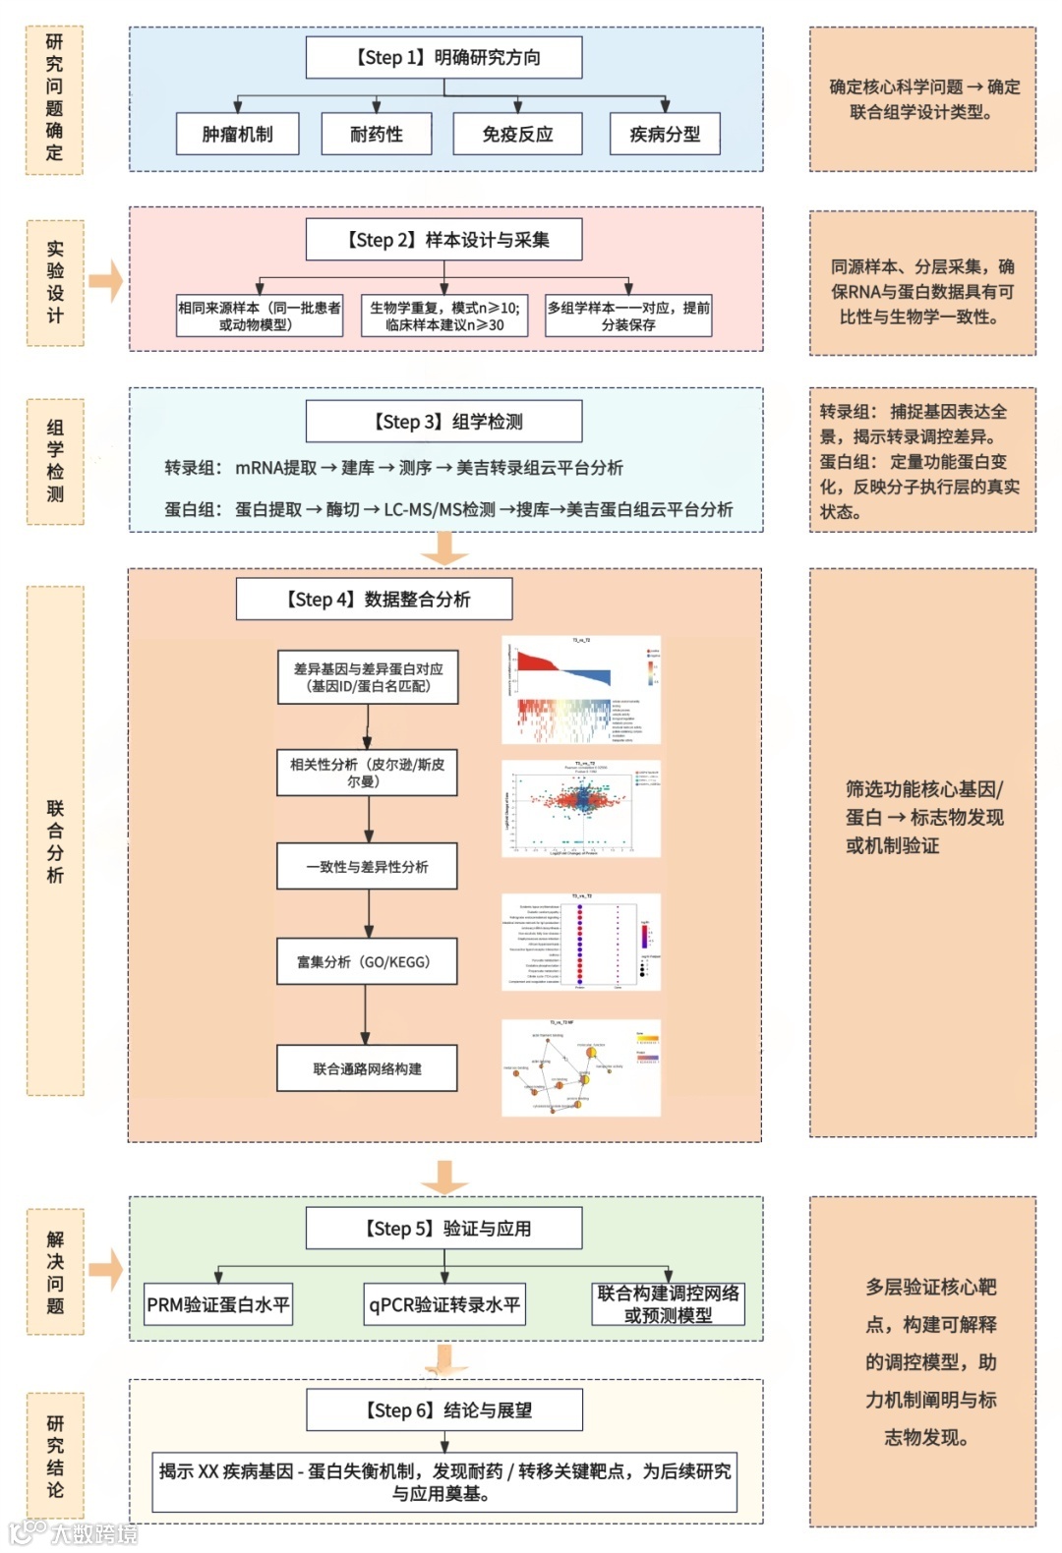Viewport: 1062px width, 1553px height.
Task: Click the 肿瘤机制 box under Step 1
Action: pos(237,134)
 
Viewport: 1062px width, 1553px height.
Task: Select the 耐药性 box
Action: pos(377,134)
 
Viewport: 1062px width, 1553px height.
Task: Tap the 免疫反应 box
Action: pos(517,134)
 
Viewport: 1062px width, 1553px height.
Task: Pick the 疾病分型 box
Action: pos(665,134)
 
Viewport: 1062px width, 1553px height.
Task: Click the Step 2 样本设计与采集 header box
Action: pos(444,240)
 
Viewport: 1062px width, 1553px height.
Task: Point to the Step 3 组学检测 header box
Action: pos(444,422)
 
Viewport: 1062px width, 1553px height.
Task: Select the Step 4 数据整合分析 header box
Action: pos(374,599)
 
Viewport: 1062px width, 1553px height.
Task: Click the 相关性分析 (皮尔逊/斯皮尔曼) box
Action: pos(367,772)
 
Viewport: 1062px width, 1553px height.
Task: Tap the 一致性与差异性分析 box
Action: pos(367,867)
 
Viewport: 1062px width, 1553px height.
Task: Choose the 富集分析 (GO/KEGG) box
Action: pos(367,962)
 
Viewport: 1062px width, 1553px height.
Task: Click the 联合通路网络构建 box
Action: pos(367,1068)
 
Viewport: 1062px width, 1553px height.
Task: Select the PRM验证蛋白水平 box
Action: pos(218,1304)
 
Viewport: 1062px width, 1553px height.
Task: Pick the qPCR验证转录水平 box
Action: pos(444,1304)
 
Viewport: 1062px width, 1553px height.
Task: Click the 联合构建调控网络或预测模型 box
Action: pos(668,1304)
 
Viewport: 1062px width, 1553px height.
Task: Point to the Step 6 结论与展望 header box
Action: pos(444,1409)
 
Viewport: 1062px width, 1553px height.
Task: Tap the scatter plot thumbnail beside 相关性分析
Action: pos(581,808)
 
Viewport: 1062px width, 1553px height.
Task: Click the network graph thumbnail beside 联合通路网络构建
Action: pos(581,1067)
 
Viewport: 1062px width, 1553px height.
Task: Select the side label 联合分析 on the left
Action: pos(55,840)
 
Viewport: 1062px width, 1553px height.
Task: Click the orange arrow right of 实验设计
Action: pos(105,281)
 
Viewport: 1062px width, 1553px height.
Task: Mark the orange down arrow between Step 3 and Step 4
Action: pos(444,548)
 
